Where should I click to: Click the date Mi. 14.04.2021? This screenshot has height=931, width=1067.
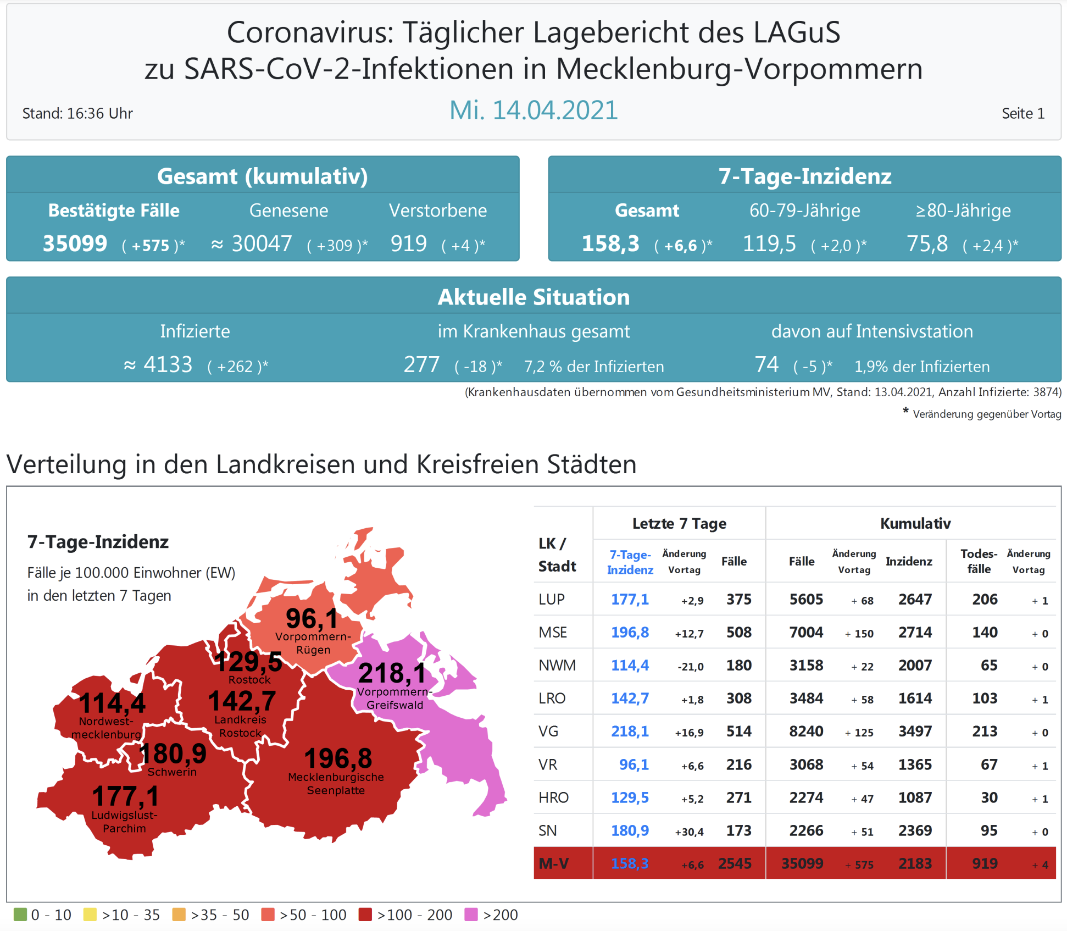533,110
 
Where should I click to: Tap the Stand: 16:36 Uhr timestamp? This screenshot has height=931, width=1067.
77,114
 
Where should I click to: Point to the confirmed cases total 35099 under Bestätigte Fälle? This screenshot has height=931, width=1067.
75,243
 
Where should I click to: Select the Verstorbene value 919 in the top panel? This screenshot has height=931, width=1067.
408,243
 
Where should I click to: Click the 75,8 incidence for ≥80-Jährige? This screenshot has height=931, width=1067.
927,243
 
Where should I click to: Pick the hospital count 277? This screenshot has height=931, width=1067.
421,364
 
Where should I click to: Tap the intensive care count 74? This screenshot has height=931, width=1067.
766,364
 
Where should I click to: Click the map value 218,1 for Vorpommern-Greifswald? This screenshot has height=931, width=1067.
392,673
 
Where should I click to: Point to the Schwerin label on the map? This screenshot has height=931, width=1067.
172,772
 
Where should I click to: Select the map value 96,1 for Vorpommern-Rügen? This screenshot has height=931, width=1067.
312,619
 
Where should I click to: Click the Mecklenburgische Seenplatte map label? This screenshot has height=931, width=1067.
336,784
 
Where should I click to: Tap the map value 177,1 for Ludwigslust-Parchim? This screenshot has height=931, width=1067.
126,796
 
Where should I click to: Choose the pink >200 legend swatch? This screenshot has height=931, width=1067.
471,915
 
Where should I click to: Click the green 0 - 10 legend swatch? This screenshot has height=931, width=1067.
20,915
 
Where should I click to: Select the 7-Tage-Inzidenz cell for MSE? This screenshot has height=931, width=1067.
630,633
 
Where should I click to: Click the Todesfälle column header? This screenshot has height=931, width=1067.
979,561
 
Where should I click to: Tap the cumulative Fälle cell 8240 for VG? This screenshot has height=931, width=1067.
806,731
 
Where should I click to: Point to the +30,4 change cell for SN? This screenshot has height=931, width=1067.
689,832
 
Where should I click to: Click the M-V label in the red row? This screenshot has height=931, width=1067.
553,863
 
